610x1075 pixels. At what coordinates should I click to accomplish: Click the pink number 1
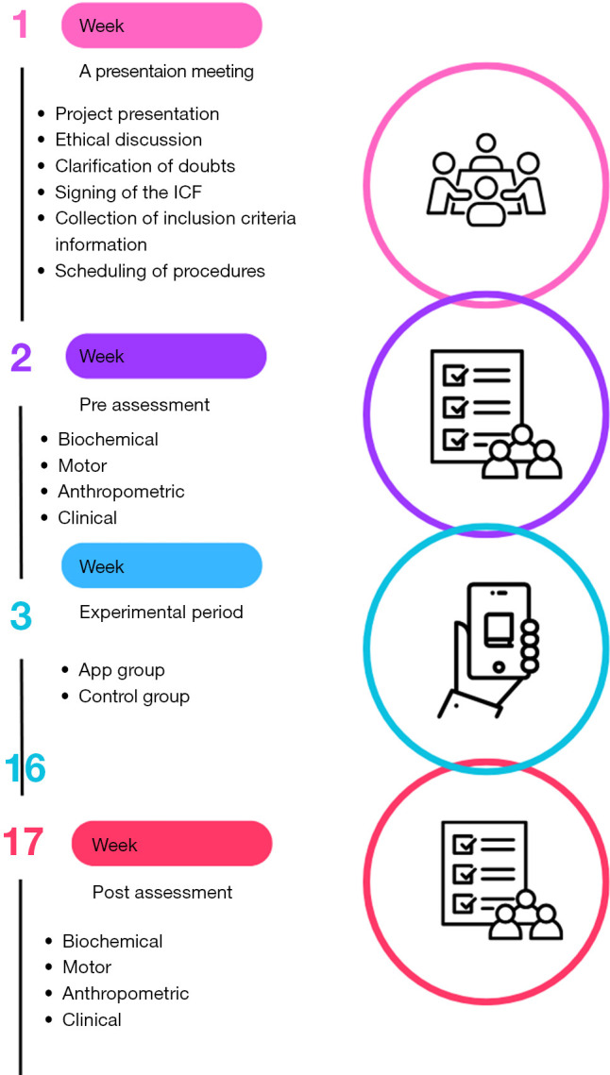tap(20, 25)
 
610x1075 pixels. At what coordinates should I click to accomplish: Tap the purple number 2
tap(22, 358)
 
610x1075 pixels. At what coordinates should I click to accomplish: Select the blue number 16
tap(25, 768)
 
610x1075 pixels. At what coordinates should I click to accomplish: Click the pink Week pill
tap(161, 25)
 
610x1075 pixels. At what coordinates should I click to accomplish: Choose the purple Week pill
tap(165, 357)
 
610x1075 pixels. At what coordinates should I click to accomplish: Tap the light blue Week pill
tap(161, 566)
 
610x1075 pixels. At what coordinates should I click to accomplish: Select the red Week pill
tap(171, 844)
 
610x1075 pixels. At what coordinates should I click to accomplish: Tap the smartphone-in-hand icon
tap(485, 650)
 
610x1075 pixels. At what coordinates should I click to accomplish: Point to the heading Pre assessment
tap(144, 405)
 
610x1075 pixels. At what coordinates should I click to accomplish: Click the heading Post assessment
tap(162, 892)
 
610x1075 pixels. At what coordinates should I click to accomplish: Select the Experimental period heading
tap(161, 613)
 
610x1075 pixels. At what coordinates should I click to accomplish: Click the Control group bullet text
tap(134, 697)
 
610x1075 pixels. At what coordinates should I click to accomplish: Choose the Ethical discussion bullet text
tap(128, 140)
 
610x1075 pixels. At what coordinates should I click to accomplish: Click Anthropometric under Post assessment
tap(126, 993)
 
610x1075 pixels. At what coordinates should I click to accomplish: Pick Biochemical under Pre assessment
tap(108, 439)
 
